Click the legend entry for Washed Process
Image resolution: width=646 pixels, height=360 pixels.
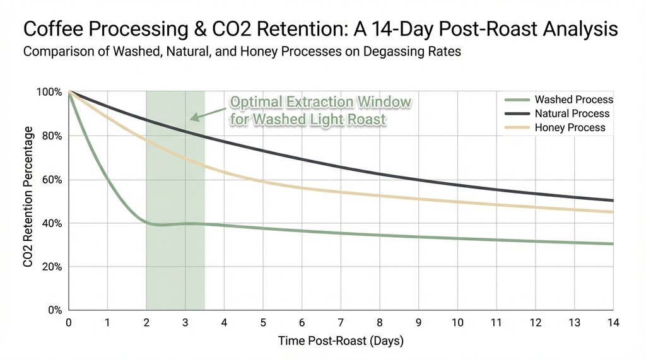573,100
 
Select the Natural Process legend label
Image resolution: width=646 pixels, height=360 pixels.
572,113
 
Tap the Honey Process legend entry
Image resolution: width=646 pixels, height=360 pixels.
570,127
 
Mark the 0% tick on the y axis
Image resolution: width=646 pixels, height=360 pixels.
56,310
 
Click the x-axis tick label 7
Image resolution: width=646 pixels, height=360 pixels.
341,323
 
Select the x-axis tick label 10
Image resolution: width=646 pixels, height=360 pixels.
457,323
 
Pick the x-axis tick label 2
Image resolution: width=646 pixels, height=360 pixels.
146,323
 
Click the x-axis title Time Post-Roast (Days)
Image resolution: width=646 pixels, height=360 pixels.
341,341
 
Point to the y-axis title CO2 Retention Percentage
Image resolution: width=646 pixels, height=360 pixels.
28,196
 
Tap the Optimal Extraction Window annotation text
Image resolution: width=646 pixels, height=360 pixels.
320,110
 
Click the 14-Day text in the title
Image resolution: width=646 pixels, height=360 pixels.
394,30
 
